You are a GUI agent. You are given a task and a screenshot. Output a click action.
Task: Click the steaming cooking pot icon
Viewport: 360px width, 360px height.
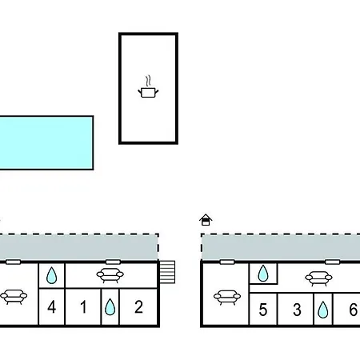[x=148, y=87]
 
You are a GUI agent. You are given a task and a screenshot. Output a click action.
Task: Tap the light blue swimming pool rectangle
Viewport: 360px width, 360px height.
[x=46, y=142]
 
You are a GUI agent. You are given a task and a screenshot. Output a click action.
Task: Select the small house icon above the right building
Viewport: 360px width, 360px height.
[x=206, y=220]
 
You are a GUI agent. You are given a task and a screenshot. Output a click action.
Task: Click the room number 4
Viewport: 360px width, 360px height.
[x=52, y=306]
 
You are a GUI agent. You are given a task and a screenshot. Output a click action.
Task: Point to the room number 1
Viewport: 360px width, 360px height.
[x=83, y=306]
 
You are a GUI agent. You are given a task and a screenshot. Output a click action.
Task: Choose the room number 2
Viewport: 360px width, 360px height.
[x=138, y=306]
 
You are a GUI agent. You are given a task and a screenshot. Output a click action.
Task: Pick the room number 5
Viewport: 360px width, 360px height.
[x=263, y=310]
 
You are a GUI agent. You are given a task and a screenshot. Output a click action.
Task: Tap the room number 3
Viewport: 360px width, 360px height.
[x=297, y=310]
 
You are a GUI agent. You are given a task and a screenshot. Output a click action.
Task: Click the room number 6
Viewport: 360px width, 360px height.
[x=354, y=310]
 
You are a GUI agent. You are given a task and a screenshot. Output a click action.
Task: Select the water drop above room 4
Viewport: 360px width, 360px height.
[x=51, y=275]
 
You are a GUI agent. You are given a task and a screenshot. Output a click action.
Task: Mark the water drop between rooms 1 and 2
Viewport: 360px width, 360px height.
[x=110, y=307]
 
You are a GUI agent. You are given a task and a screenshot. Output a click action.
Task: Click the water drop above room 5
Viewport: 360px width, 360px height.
[x=263, y=274]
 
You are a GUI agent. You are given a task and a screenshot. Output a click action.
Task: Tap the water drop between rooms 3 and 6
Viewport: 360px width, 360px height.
[x=323, y=310]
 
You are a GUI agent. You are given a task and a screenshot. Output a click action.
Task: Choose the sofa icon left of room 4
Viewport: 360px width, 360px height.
[x=14, y=297]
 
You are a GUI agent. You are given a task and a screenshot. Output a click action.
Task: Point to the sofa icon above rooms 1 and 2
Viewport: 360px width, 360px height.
[x=110, y=275]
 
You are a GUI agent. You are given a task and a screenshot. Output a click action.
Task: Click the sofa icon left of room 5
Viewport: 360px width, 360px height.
[x=227, y=298]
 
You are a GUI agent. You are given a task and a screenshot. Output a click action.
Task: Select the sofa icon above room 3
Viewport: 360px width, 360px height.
[x=318, y=278]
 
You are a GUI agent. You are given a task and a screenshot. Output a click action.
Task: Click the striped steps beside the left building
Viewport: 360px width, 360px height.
[x=167, y=272]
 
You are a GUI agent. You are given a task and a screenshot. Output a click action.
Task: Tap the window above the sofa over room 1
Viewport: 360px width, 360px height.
[x=113, y=262]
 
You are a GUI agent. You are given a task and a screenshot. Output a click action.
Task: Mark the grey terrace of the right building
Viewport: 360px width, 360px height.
[x=281, y=247]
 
